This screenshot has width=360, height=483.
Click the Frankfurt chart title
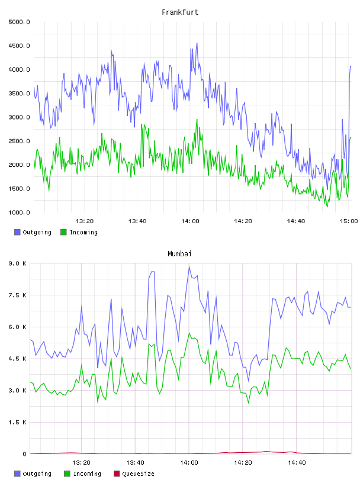point(180,12)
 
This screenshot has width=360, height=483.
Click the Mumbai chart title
point(179,254)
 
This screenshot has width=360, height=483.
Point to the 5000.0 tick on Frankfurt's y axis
point(19,22)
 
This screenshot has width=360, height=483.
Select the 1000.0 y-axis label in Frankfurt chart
point(19,212)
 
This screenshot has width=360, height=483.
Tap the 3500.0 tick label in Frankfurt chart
point(19,94)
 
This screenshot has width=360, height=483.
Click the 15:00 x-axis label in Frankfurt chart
point(349,221)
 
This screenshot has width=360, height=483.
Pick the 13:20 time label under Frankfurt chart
point(85,221)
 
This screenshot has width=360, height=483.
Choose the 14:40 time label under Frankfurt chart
point(296,221)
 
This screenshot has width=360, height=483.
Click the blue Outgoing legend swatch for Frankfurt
point(17,232)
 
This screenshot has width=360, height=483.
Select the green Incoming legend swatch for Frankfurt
point(63,232)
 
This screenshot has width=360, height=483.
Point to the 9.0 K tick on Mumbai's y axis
point(18,263)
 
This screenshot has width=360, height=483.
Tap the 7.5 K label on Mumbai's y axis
point(18,295)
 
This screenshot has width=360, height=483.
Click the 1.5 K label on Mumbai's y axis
point(18,422)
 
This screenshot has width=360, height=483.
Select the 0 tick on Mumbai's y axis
point(24,454)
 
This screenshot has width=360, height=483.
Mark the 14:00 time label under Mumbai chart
point(189,463)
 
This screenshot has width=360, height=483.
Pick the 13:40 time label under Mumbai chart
point(136,463)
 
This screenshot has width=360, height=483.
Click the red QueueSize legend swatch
point(117,474)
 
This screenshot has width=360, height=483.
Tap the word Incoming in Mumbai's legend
point(87,474)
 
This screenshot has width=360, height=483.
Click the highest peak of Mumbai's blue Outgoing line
point(189,266)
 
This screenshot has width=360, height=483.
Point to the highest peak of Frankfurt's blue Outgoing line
point(197,43)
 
